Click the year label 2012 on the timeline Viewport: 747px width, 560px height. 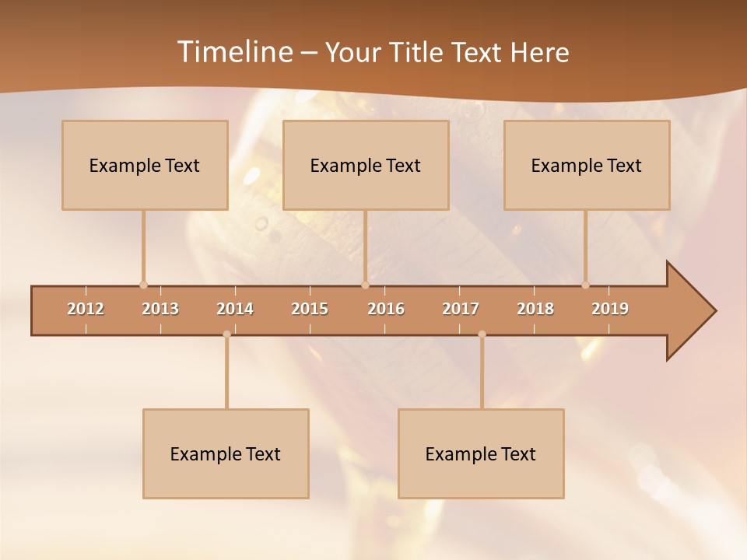[x=86, y=309]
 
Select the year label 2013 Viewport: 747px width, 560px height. [x=160, y=309]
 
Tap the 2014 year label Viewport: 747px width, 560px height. [x=235, y=309]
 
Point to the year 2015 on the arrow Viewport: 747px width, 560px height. [x=310, y=309]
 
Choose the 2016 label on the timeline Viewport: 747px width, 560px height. [x=386, y=309]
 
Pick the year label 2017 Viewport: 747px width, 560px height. [x=461, y=309]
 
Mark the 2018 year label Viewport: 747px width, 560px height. [x=535, y=309]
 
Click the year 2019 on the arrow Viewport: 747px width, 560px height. [x=610, y=309]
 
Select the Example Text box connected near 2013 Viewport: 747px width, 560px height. [x=145, y=165]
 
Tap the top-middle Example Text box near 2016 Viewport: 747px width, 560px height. [x=366, y=165]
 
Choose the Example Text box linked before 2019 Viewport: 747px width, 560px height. [x=587, y=165]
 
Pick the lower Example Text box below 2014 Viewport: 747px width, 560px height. [x=226, y=453]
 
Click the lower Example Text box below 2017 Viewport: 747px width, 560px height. [x=481, y=453]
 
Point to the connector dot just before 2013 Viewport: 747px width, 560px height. [x=143, y=285]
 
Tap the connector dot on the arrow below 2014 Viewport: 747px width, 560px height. [x=226, y=334]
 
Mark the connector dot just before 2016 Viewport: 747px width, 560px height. [x=365, y=285]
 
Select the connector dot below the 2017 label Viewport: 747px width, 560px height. [x=482, y=334]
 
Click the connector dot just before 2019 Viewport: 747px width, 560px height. [x=585, y=285]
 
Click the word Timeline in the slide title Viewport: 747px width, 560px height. [x=233, y=52]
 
